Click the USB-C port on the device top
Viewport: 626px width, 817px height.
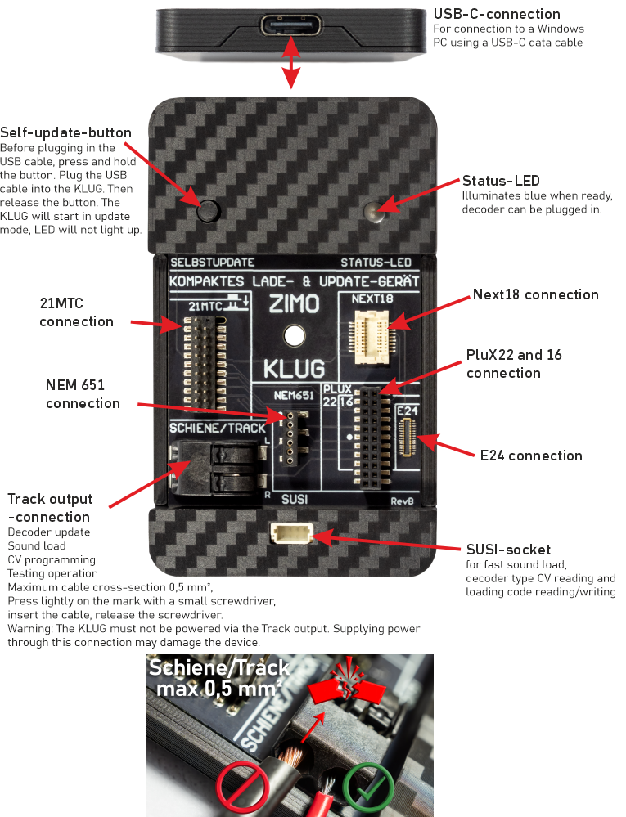pos(290,25)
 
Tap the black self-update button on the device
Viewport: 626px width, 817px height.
pos(209,210)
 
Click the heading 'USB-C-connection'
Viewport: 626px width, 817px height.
pos(496,14)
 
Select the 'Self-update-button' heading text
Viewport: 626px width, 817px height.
pos(65,132)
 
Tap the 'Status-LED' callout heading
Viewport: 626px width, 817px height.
pos(500,181)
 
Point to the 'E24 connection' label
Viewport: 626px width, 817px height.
pos(531,456)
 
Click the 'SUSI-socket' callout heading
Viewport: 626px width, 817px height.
pos(507,550)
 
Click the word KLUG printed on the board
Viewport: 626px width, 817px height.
pos(292,367)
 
